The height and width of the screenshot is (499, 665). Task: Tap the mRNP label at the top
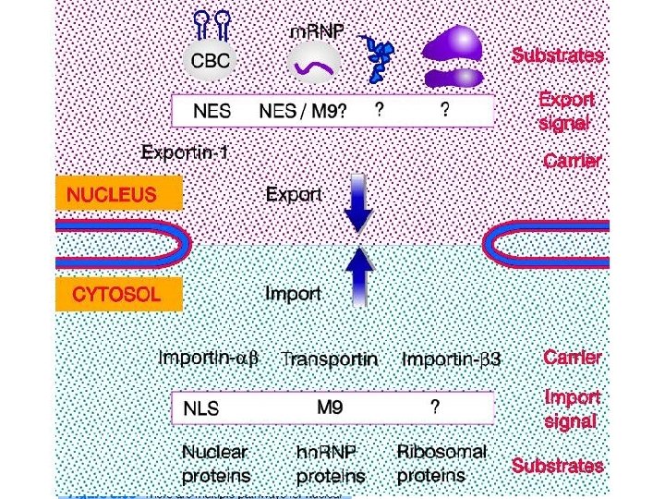[x=317, y=32]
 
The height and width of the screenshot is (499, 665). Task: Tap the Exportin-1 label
[x=186, y=151]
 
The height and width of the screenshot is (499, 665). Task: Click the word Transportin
[x=329, y=359]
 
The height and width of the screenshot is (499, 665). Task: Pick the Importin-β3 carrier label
[x=452, y=359]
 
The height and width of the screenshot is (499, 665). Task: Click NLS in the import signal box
[x=201, y=408]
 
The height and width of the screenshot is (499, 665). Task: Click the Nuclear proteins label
[x=214, y=464]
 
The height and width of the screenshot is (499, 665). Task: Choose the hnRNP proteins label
[x=330, y=465]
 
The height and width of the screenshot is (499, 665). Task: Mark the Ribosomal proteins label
[x=441, y=464]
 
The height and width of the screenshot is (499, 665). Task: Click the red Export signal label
[x=565, y=110]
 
